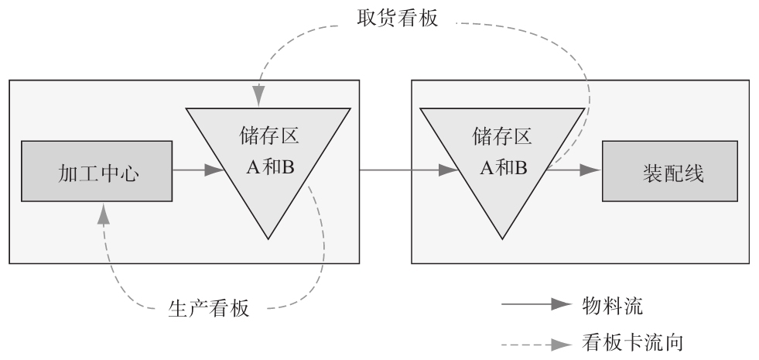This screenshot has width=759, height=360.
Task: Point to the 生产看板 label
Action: [209, 307]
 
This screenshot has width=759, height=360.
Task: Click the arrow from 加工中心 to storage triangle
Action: [200, 170]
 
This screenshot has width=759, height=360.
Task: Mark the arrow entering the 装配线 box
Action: [576, 170]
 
